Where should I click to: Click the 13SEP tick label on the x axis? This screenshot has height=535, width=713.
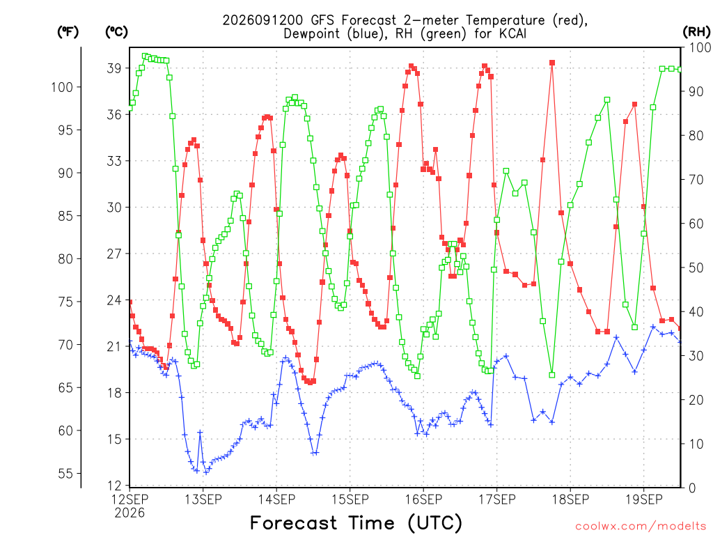[203, 499]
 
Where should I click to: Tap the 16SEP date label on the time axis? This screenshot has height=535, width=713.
[423, 499]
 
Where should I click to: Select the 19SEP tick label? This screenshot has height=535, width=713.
[644, 499]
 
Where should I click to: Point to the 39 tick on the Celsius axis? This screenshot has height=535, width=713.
[114, 68]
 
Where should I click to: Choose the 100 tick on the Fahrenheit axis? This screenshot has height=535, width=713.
[62, 87]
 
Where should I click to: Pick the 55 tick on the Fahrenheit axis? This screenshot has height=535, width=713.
[65, 474]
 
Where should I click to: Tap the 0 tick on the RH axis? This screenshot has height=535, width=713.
[692, 488]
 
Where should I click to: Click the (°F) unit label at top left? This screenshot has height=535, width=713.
[68, 32]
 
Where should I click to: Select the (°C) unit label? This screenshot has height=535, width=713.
[116, 32]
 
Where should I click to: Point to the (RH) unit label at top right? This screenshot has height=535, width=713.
[696, 32]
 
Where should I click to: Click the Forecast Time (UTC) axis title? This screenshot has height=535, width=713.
[356, 522]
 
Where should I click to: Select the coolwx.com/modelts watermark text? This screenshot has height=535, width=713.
[641, 527]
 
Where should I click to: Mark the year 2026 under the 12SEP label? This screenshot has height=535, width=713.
[130, 513]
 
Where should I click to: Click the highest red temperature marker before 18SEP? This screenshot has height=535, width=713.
[552, 63]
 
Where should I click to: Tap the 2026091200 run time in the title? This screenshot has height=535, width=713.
[263, 20]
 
